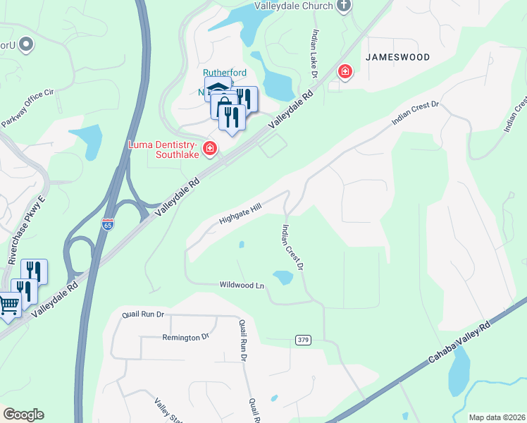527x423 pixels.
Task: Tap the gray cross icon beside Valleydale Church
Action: [343, 6]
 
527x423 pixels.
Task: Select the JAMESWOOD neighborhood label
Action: [397, 56]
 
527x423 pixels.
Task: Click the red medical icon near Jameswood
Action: [345, 70]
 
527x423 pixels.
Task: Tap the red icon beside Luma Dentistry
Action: [209, 148]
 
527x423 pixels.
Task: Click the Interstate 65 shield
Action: [107, 223]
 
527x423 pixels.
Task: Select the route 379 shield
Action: [303, 341]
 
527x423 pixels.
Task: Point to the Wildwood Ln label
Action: [242, 286]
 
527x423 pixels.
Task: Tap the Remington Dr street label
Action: [185, 337]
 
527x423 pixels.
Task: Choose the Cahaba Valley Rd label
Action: [459, 345]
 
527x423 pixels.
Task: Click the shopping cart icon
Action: [8, 305]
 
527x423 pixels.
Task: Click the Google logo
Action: [23, 415]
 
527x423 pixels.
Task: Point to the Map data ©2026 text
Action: [497, 417]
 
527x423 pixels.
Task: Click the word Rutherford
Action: [225, 73]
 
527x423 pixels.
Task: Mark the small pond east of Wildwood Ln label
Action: [283, 278]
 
